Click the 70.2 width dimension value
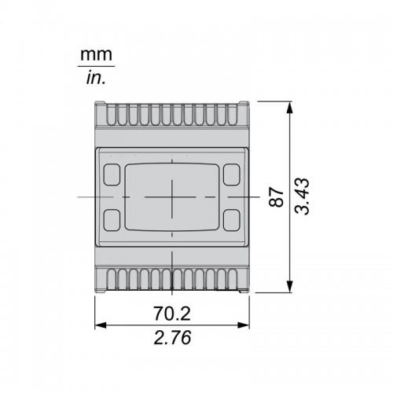[172, 314]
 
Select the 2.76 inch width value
[172, 337]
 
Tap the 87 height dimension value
[277, 196]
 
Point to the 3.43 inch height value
[302, 196]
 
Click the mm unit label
[96, 54]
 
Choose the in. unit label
[96, 78]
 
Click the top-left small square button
[112, 174]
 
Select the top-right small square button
[232, 174]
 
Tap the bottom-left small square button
[112, 220]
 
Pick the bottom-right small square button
[232, 220]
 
